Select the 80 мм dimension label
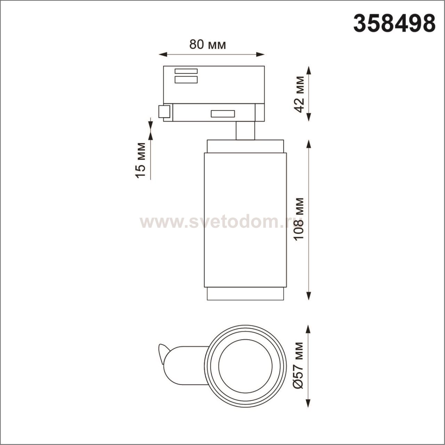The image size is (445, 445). (x=207, y=44)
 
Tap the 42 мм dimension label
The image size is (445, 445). (x=300, y=94)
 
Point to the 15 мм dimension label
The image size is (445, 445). (x=140, y=160)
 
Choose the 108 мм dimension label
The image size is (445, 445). (x=300, y=219)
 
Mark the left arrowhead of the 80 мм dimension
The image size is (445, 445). (x=163, y=55)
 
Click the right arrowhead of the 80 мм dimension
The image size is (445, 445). (x=260, y=55)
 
